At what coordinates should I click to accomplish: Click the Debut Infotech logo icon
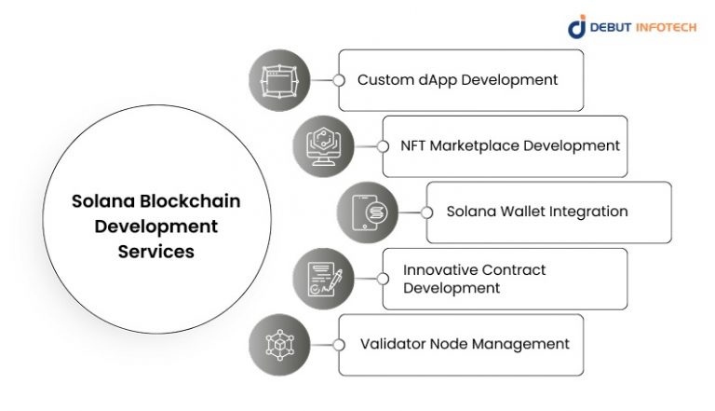coord(577,27)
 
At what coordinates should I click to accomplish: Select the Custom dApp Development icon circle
coord(279,80)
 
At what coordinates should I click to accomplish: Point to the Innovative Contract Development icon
coord(323,279)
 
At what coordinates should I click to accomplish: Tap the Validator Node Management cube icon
coord(279,345)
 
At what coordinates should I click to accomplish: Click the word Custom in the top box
coord(383,80)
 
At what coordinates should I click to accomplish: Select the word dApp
coord(432,80)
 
